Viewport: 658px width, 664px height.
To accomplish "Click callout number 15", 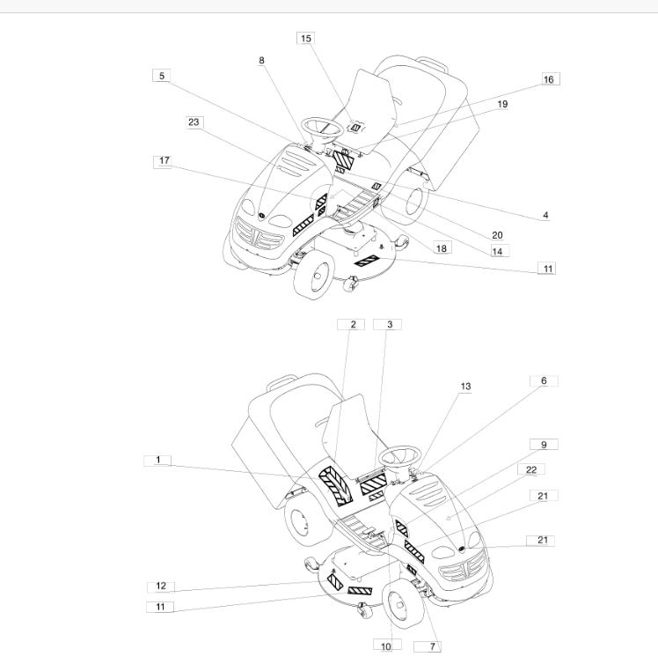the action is tap(306, 38).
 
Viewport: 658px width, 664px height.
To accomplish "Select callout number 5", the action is tap(162, 76).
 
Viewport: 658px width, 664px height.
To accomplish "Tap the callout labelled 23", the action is tap(194, 122).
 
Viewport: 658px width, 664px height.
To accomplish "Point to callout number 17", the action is tap(164, 160).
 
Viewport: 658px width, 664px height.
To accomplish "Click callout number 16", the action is tap(548, 79).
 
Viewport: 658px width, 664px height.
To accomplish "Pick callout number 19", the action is tap(502, 104).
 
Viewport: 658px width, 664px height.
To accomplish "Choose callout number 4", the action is tap(545, 215).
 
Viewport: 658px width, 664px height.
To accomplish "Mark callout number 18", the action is tap(441, 248).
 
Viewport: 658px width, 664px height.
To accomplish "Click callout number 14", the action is tap(497, 252).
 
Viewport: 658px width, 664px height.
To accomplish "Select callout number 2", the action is tap(353, 324).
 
